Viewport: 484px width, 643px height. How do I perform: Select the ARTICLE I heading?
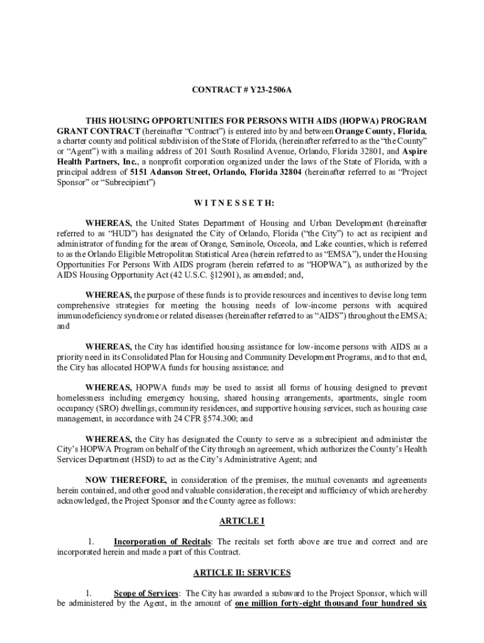point(241,521)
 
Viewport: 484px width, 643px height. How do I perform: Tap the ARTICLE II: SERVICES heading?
point(241,573)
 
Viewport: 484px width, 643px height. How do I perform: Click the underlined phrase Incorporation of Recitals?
point(163,542)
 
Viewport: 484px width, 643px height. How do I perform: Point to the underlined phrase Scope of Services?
point(146,593)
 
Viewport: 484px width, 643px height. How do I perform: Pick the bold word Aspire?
point(415,151)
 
